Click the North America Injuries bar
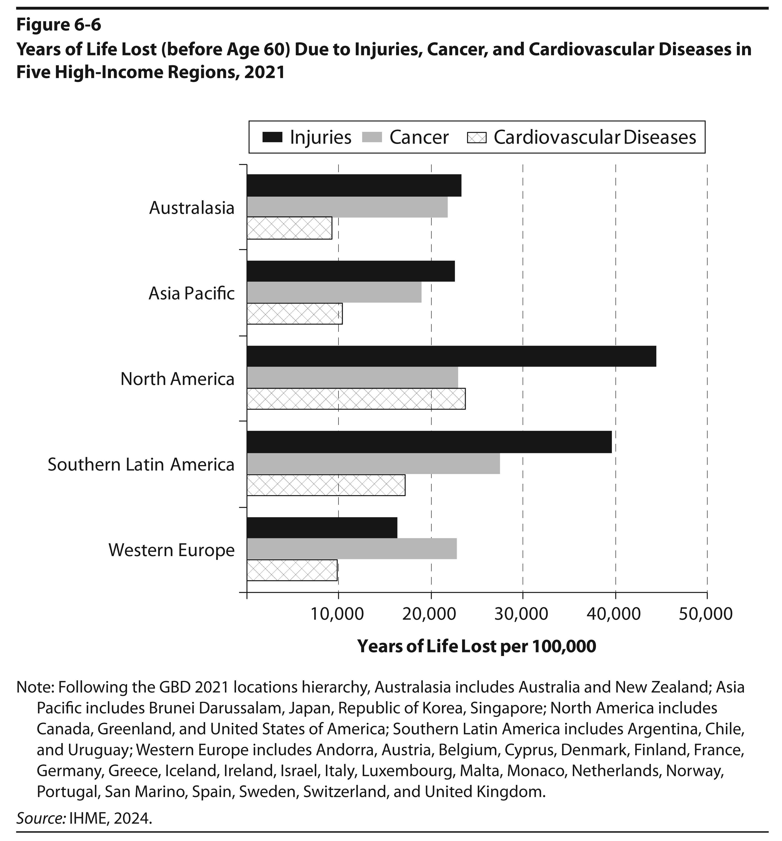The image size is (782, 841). pos(451,356)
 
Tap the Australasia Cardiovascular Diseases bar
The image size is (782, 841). pos(289,228)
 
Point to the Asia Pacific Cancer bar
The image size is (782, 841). pos(334,292)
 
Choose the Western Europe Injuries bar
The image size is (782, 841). pos(322,528)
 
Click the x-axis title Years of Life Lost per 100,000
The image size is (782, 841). pos(477,646)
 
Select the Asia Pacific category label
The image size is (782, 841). pos(192,293)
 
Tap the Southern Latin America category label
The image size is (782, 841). pos(141,464)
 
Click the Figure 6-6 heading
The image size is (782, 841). pos(59,25)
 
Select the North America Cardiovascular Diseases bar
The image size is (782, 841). pos(356,398)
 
